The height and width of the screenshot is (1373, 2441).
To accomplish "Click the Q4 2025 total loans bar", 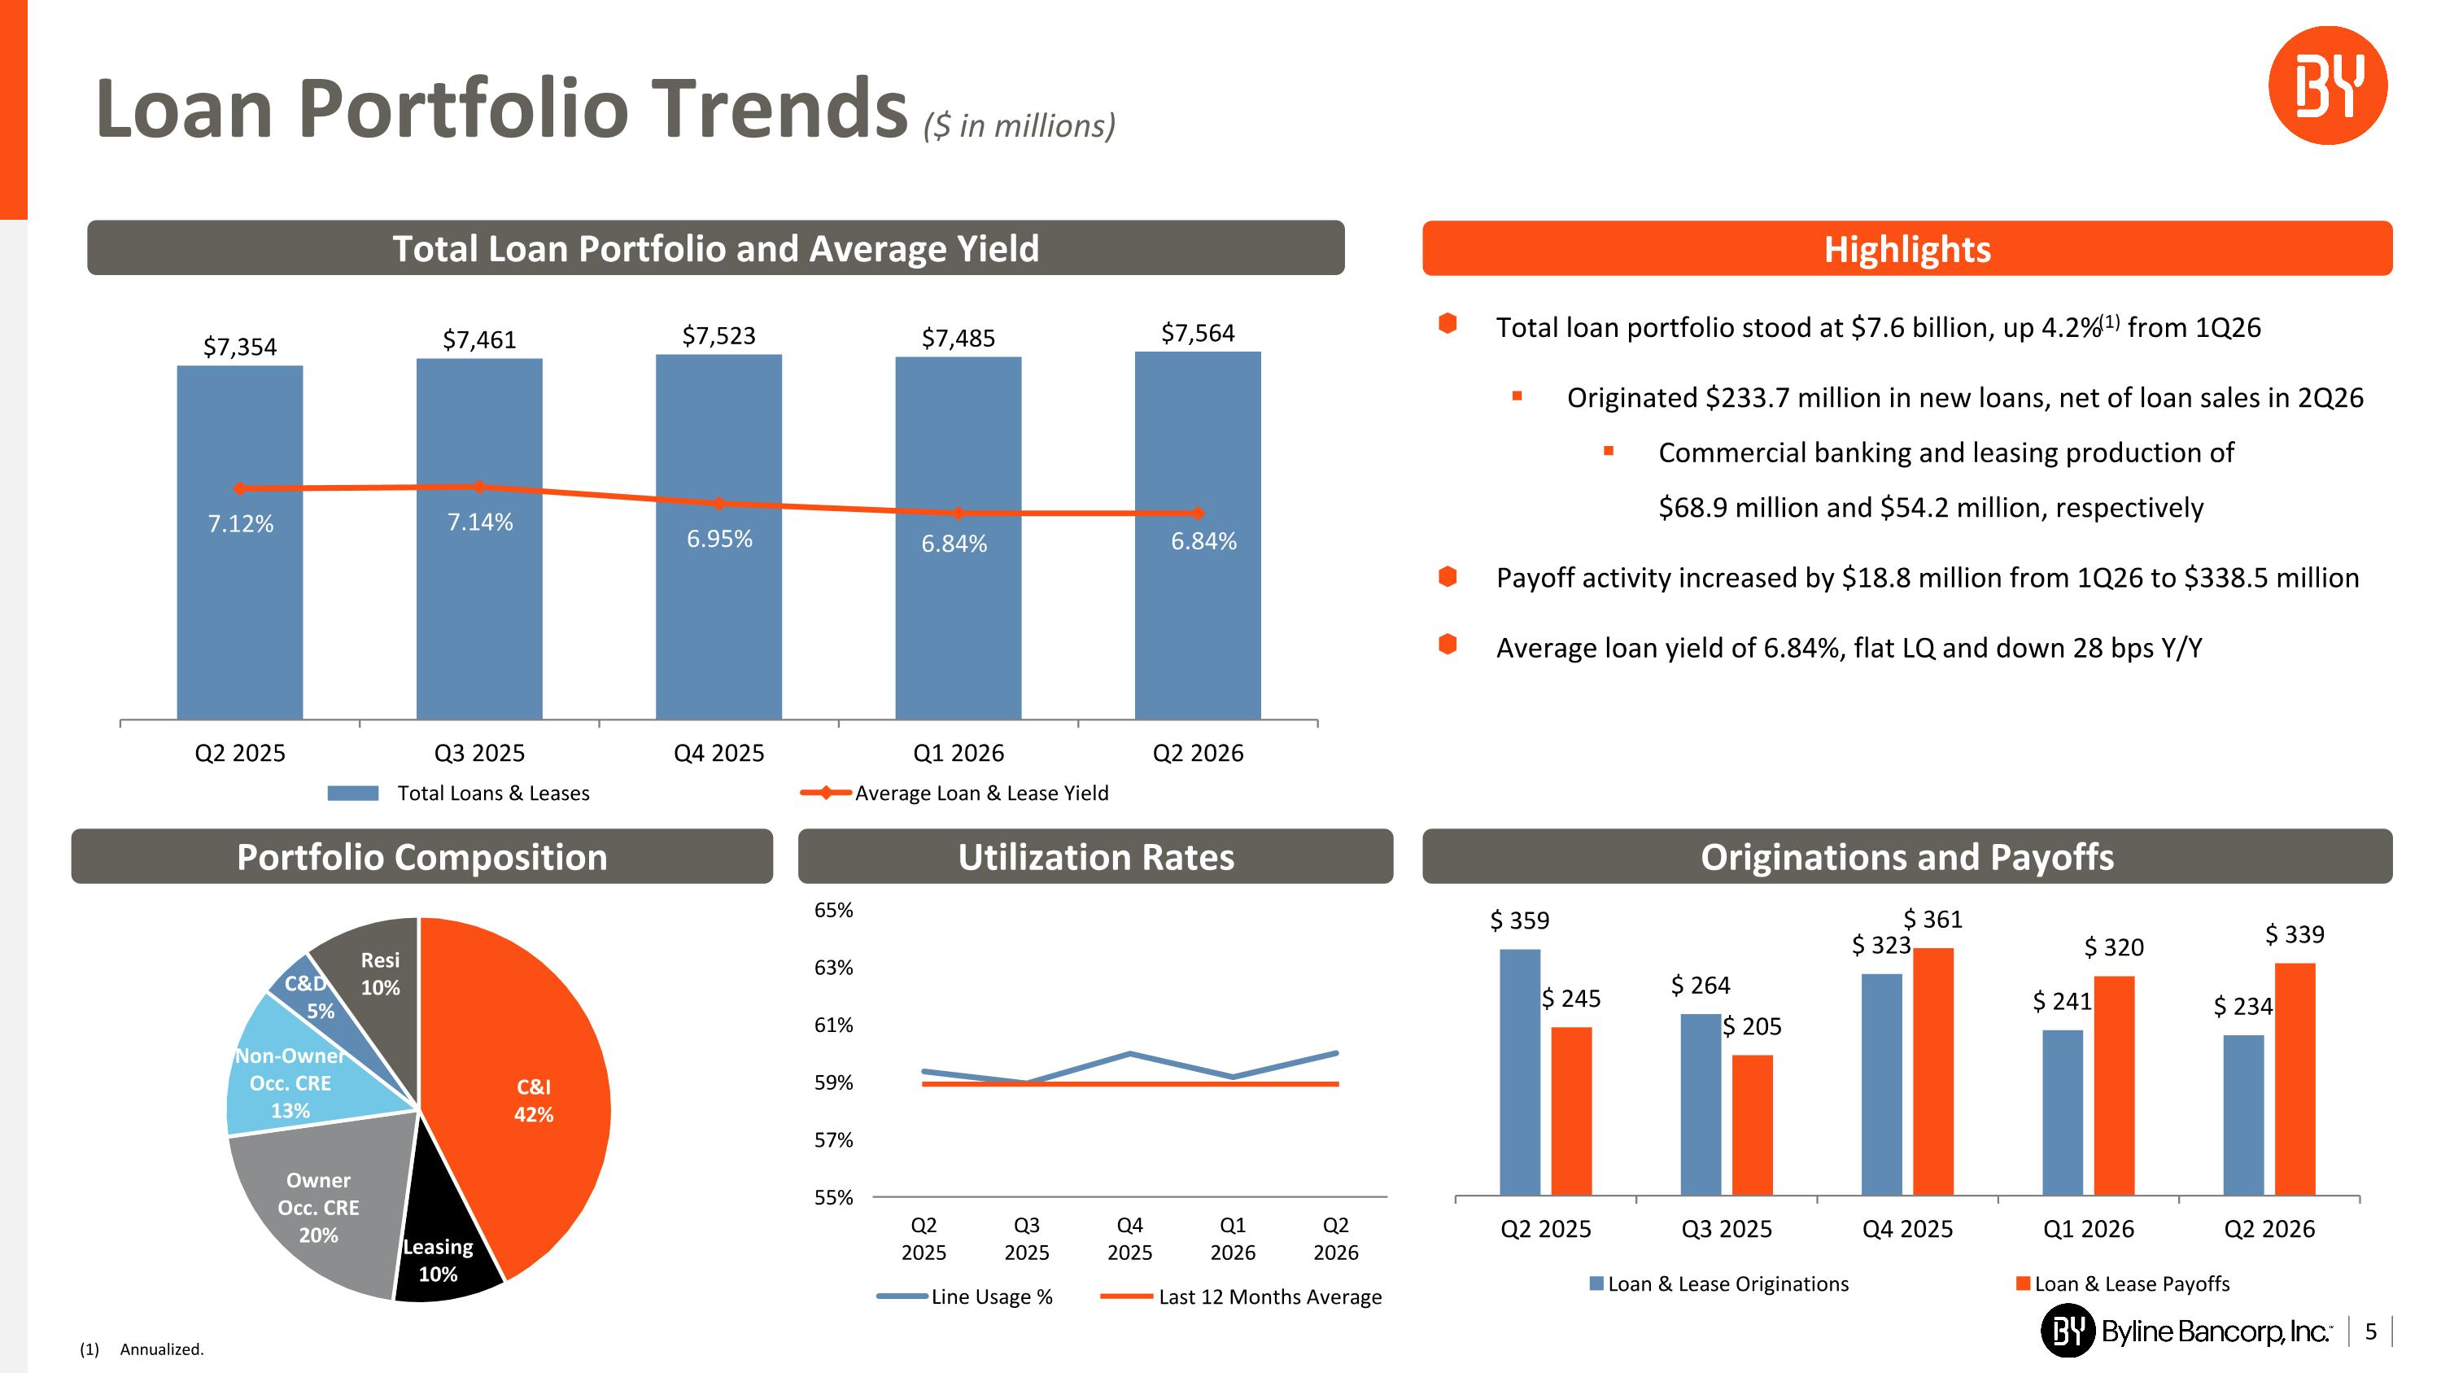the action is (718, 536).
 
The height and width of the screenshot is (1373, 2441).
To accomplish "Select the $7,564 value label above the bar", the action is (1198, 333).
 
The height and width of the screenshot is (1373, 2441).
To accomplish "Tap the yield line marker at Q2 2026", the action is (1198, 513).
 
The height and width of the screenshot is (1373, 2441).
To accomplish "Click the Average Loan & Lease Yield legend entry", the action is (954, 793).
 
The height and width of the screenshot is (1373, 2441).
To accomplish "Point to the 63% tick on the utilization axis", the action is (833, 968).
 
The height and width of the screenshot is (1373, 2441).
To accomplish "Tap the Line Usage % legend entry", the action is (965, 1296).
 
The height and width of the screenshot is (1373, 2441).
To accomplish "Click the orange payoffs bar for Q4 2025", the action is (1933, 1071).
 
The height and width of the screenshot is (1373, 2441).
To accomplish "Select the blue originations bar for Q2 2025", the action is (1520, 1072).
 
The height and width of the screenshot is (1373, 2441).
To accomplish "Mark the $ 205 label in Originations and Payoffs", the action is (1752, 1026).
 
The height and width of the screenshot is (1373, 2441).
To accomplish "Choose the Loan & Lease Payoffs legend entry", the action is (2123, 1284).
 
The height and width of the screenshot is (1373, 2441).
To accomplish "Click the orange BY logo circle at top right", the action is (2327, 85).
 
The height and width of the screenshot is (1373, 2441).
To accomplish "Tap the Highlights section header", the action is (1906, 248).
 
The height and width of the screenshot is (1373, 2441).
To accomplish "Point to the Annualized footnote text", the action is (162, 1349).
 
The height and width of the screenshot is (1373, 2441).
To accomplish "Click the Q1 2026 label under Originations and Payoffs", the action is (2089, 1229).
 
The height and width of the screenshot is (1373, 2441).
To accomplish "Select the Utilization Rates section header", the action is (1095, 856).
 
